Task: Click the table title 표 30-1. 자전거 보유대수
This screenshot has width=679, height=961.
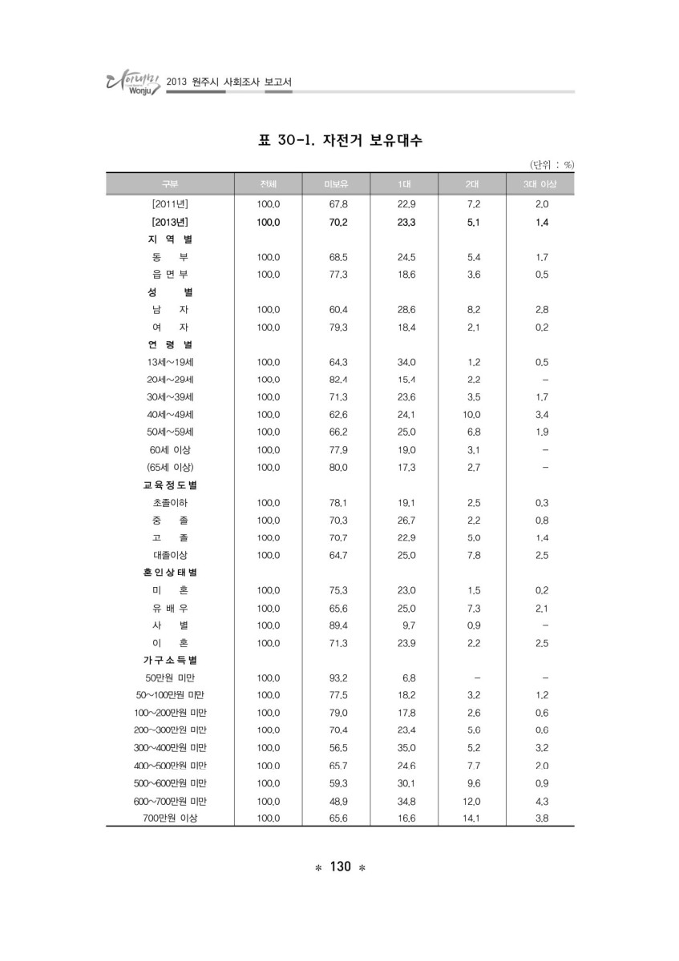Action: [340, 142]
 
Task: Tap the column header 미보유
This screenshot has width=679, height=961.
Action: [337, 185]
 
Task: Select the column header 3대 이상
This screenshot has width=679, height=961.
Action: [541, 185]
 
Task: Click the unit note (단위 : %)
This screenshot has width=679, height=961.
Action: [552, 165]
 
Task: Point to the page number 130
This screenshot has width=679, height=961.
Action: [340, 867]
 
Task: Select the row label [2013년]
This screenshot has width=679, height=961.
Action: [169, 223]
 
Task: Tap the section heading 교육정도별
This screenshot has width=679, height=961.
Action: [169, 485]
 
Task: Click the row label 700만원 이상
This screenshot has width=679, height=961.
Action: [169, 818]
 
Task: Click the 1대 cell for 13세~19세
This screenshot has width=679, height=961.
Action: [406, 361]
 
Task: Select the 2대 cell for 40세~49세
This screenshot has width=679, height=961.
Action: [473, 415]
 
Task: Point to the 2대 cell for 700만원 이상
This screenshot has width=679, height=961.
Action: [473, 818]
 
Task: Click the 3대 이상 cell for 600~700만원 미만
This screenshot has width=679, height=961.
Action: [541, 800]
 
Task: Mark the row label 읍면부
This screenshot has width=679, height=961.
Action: [169, 275]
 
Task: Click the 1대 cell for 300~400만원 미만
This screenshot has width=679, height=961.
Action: [406, 747]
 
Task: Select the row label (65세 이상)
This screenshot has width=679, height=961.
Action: [169, 467]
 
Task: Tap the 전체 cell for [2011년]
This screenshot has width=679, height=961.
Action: [269, 205]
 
